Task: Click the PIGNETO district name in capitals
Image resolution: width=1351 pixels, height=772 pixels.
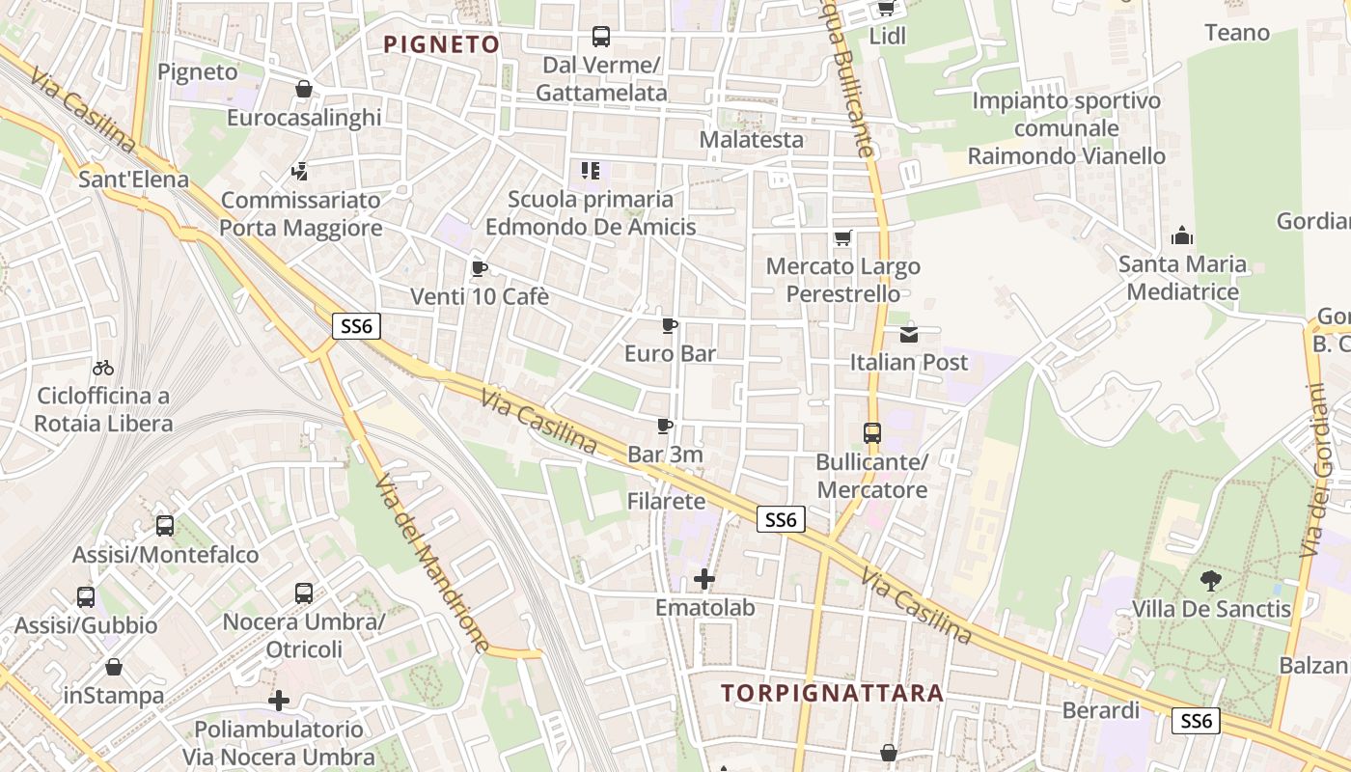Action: coord(442,44)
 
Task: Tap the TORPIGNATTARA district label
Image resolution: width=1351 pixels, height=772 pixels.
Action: coord(832,693)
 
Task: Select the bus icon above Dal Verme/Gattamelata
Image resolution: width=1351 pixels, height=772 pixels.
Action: coord(601,37)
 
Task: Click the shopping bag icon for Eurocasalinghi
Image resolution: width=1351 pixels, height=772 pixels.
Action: coord(304,89)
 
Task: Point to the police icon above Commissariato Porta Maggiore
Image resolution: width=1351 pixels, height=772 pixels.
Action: coord(300,172)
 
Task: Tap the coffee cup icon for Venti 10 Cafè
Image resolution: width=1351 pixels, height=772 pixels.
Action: coord(479,268)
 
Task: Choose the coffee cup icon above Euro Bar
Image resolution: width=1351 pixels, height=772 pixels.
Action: coord(670,325)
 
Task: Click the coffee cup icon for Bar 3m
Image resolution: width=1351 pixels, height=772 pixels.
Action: coord(665,426)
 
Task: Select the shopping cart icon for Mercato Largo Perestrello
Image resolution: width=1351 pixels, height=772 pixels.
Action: coord(842,237)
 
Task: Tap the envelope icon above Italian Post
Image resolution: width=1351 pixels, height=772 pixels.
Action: coord(909,334)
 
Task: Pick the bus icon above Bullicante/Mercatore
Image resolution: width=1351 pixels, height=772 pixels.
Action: coord(872,432)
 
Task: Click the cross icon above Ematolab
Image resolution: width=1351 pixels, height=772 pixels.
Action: coord(705,579)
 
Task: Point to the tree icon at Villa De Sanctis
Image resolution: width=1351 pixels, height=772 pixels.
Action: coord(1210,580)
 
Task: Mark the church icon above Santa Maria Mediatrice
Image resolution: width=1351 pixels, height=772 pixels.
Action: coord(1181,235)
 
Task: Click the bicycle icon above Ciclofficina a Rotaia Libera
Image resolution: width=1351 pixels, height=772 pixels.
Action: coord(103,368)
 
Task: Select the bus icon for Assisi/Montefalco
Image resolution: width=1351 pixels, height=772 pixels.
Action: coord(165,526)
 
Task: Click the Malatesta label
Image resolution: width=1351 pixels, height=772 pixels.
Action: coord(751,140)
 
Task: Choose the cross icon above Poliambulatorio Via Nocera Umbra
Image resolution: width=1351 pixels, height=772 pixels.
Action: coord(279,700)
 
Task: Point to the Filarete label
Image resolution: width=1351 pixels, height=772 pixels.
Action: coord(666,502)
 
